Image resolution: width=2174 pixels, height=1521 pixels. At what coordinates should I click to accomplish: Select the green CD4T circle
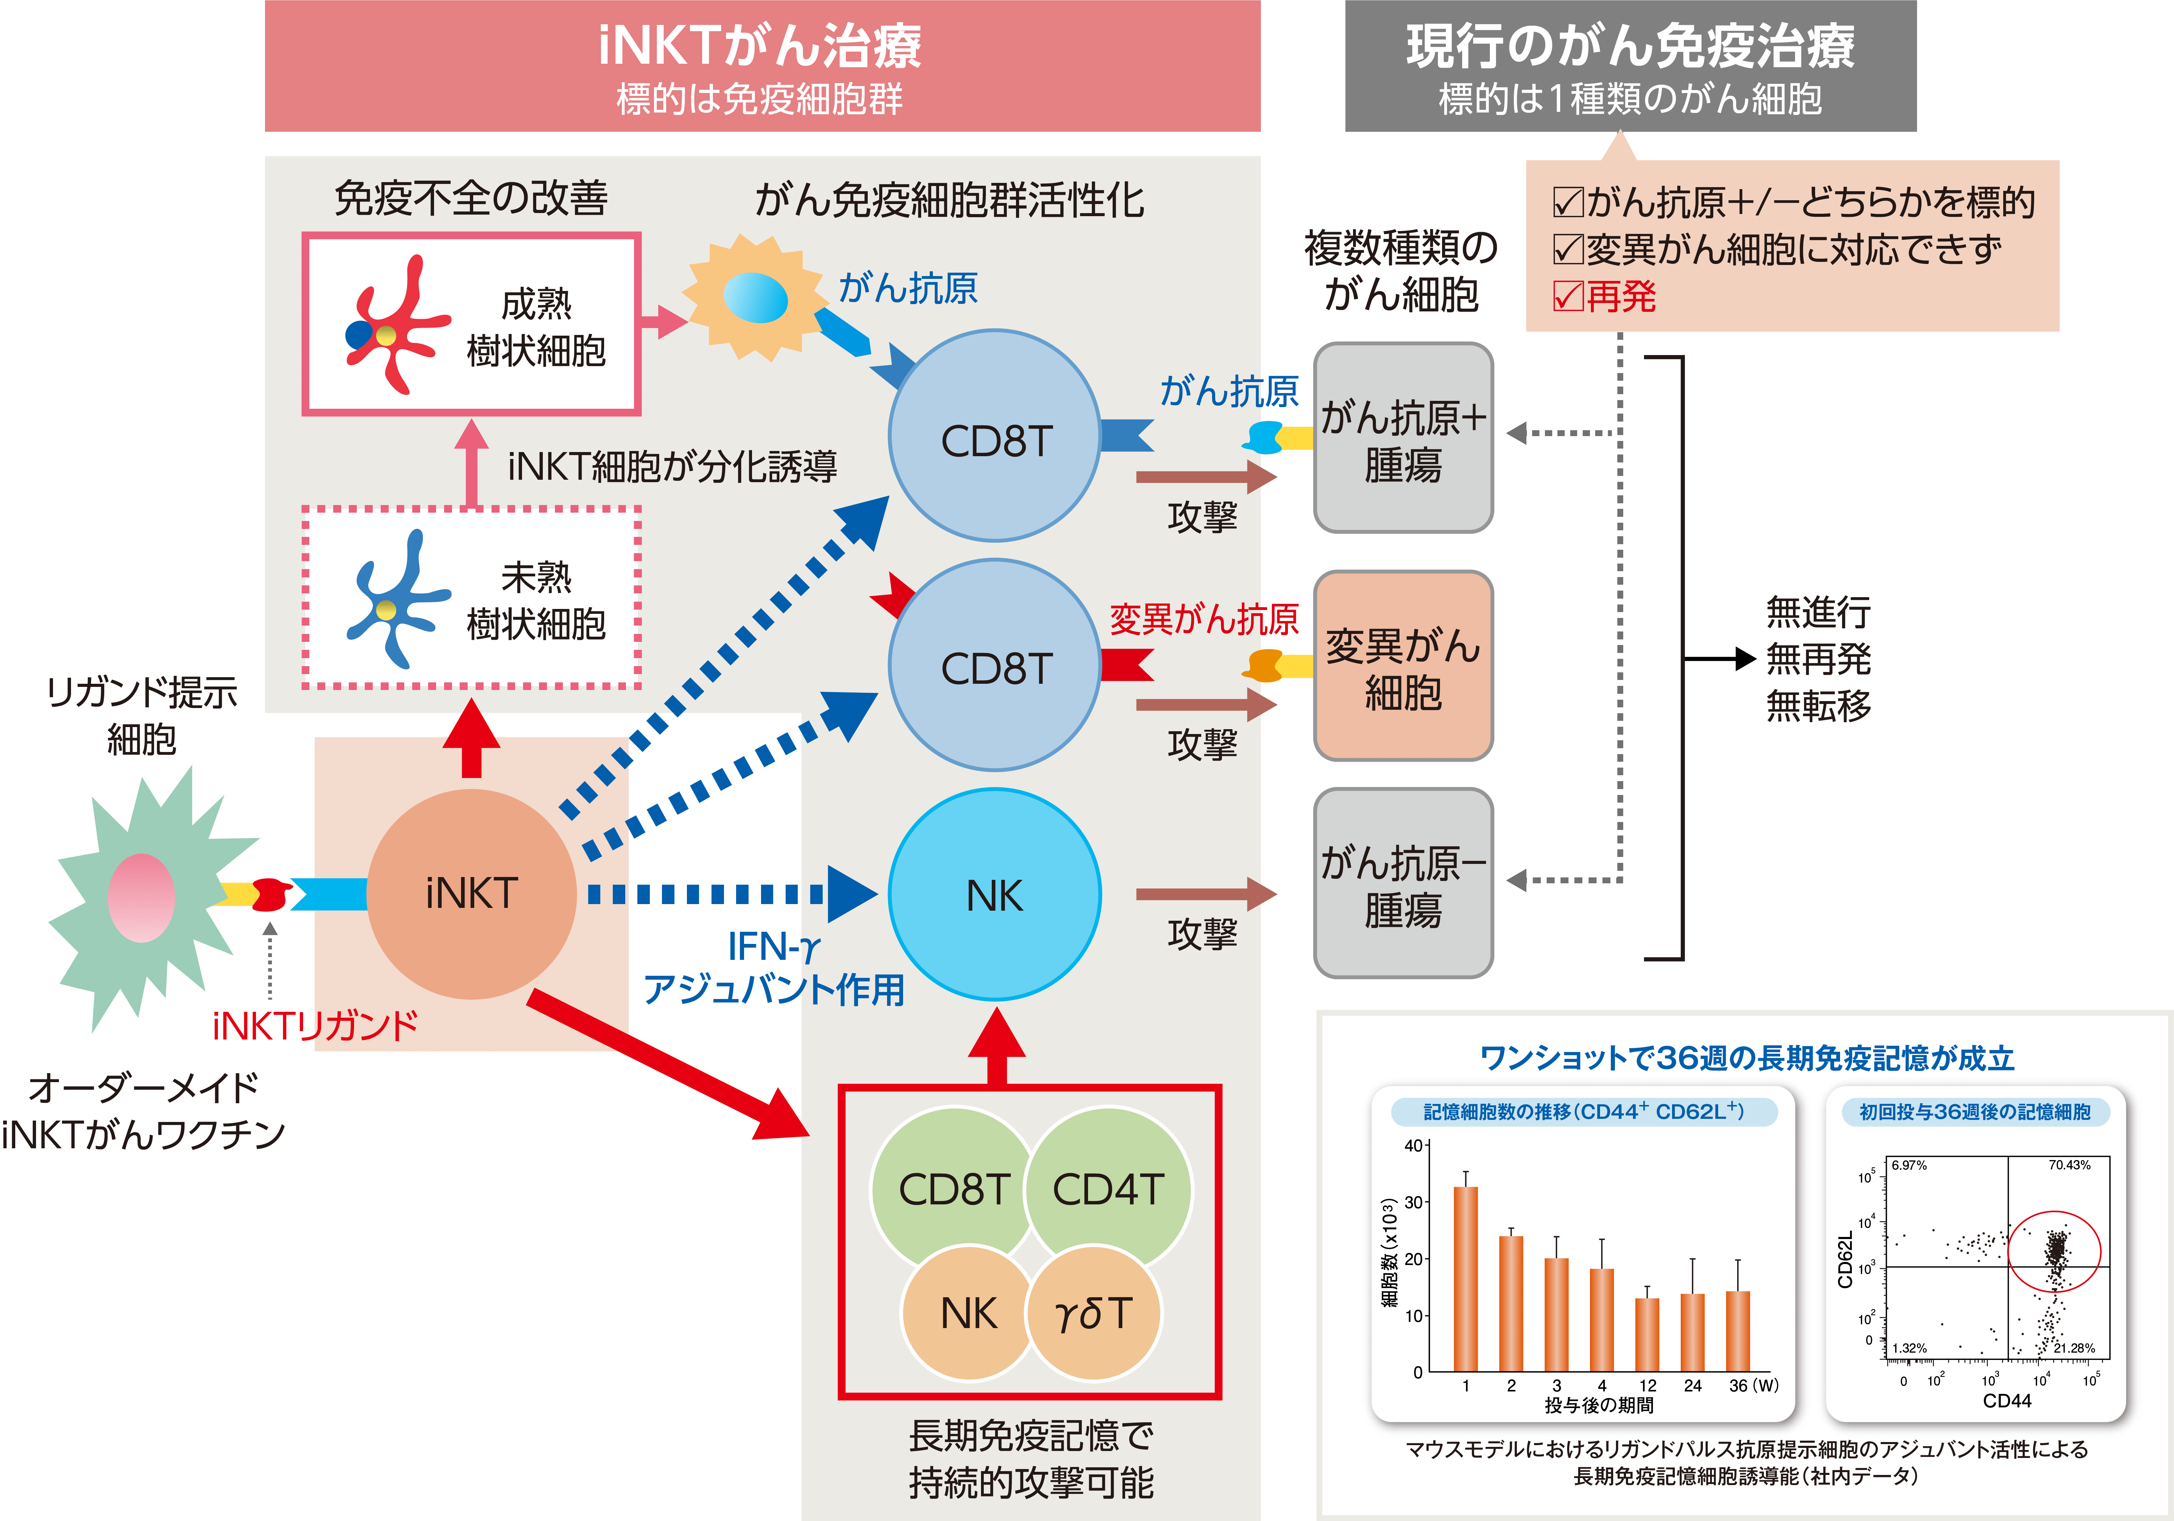point(1108,1188)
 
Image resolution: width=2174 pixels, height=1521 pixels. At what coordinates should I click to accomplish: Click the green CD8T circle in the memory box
point(953,1188)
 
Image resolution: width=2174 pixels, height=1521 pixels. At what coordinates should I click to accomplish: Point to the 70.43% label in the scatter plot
point(2069,1165)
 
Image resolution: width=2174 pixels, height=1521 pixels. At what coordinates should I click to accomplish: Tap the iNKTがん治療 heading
point(760,45)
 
